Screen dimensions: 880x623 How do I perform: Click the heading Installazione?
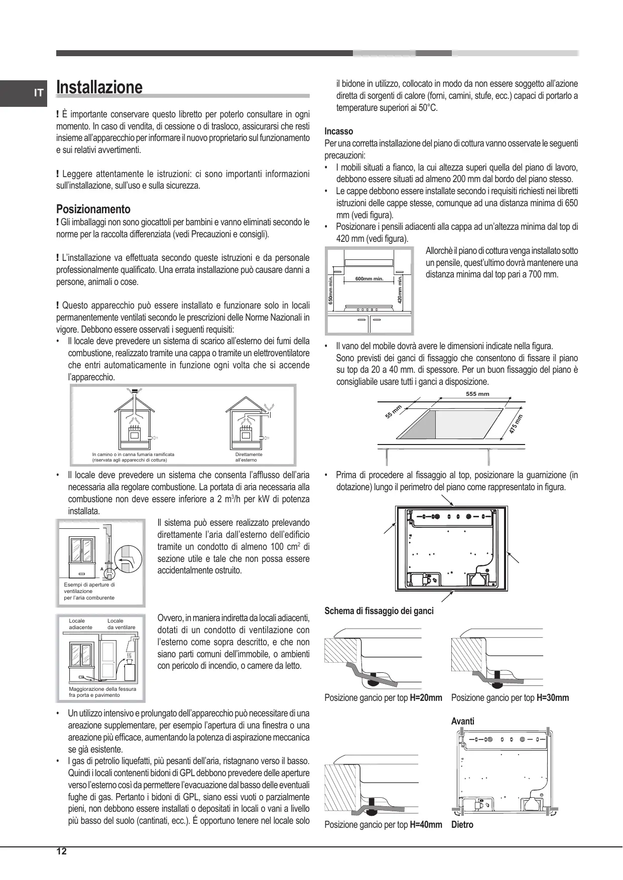point(99,87)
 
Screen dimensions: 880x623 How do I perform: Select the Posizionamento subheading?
point(93,209)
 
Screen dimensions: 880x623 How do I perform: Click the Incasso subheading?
point(339,131)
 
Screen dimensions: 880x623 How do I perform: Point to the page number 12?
point(61,851)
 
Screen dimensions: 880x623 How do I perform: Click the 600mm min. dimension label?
point(369,279)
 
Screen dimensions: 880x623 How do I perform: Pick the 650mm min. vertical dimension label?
point(331,289)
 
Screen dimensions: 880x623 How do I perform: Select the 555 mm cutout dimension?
point(477,394)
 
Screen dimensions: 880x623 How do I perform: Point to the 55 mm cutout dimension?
point(394,411)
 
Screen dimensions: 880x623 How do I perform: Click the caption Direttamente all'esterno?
point(249,457)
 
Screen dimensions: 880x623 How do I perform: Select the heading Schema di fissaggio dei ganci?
point(379,611)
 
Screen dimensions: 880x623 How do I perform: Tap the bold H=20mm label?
point(426,698)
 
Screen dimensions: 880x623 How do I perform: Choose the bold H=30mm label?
point(553,698)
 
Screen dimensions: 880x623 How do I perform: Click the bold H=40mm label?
point(426,825)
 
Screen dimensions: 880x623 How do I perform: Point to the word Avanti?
point(462,721)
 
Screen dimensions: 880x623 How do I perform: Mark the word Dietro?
point(462,825)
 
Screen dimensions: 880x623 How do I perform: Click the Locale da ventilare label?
point(121,624)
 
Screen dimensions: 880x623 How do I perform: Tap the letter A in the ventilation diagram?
point(101,569)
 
